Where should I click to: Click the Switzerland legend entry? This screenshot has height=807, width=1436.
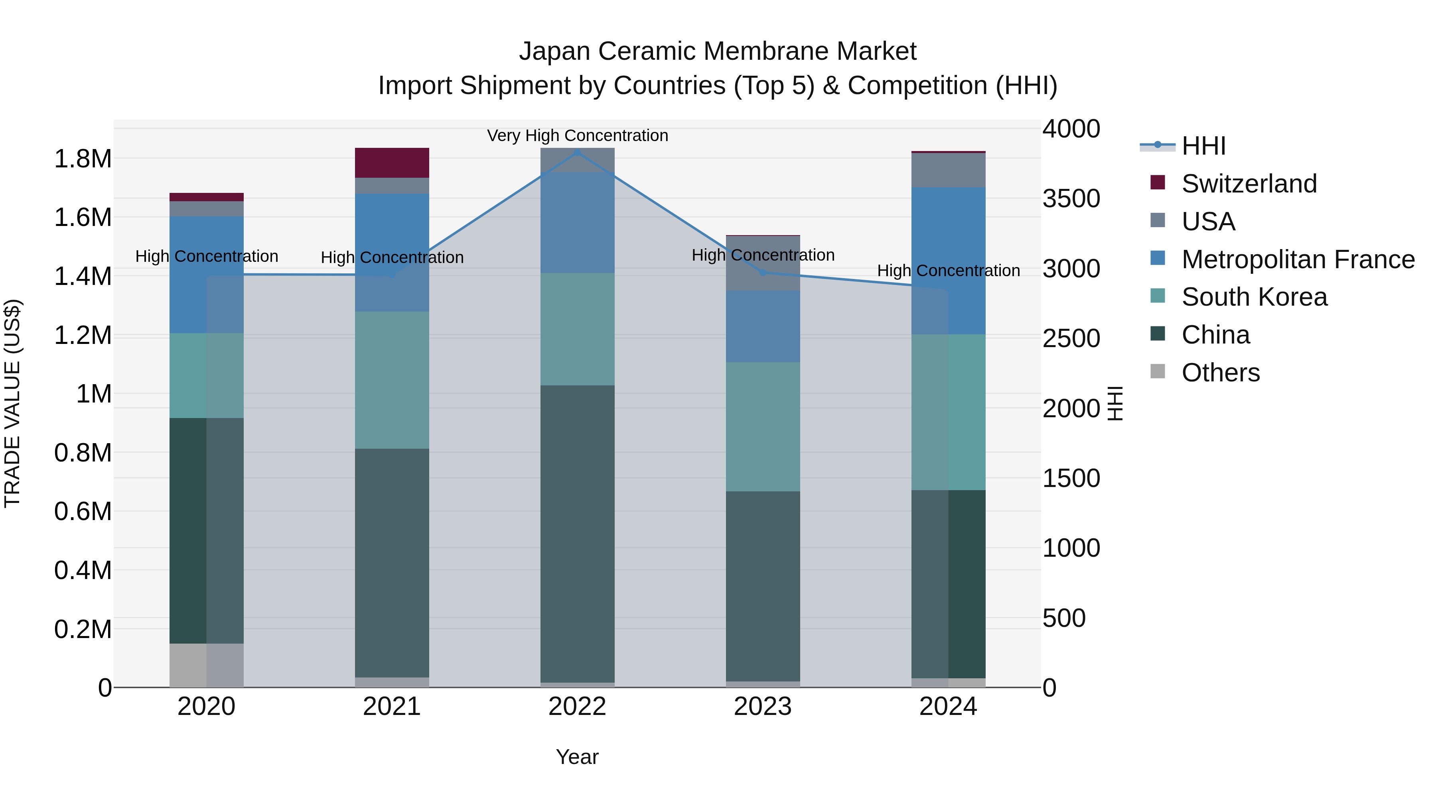(x=1248, y=184)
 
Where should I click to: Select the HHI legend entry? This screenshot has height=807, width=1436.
(x=1203, y=146)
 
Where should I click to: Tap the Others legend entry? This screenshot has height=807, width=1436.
(x=1220, y=373)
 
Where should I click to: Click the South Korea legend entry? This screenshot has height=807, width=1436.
(x=1254, y=297)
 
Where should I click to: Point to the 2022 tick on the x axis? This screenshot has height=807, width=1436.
(x=577, y=707)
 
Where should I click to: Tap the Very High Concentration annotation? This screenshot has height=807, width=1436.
(x=577, y=135)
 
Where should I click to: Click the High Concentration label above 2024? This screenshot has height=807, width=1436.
(x=948, y=271)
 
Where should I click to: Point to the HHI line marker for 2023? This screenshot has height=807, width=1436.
(x=763, y=272)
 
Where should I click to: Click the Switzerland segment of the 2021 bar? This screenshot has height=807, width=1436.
(x=392, y=163)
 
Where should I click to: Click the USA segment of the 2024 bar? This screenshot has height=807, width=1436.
(x=948, y=170)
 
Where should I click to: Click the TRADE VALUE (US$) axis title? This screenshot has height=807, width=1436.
(x=12, y=403)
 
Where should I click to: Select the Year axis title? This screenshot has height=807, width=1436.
(x=577, y=757)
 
